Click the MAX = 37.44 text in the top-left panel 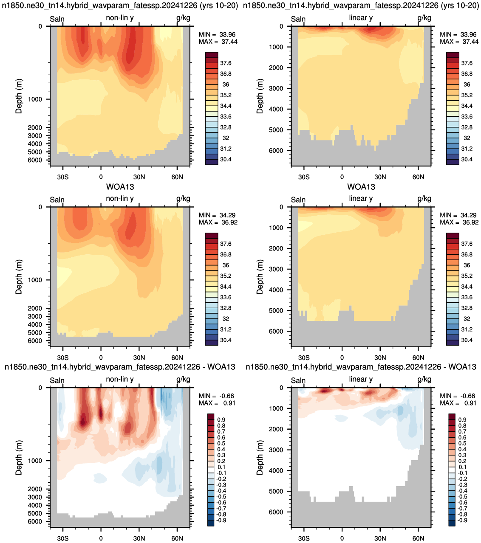pyautogui.click(x=218, y=42)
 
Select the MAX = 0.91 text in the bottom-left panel pyautogui.click(x=217, y=403)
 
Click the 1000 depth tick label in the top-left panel pyautogui.click(x=35, y=99)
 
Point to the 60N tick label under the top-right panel pyautogui.click(x=418, y=177)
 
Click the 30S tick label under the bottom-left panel pyautogui.click(x=63, y=538)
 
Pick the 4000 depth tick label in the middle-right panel pyautogui.click(x=276, y=290)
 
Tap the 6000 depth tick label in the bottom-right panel pyautogui.click(x=276, y=512)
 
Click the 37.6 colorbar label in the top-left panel pyautogui.click(x=226, y=63)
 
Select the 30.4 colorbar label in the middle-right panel pyautogui.click(x=467, y=340)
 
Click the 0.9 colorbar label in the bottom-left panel pyautogui.click(x=221, y=420)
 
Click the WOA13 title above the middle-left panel pyautogui.click(x=120, y=187)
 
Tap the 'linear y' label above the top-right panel pyautogui.click(x=361, y=18)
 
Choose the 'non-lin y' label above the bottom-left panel pyautogui.click(x=120, y=379)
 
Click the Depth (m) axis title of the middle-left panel pyautogui.click(x=19, y=277)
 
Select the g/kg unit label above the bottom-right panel pyautogui.click(x=424, y=380)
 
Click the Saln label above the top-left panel pyautogui.click(x=57, y=19)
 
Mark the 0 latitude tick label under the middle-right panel pyautogui.click(x=342, y=357)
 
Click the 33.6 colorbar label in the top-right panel pyautogui.click(x=467, y=117)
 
